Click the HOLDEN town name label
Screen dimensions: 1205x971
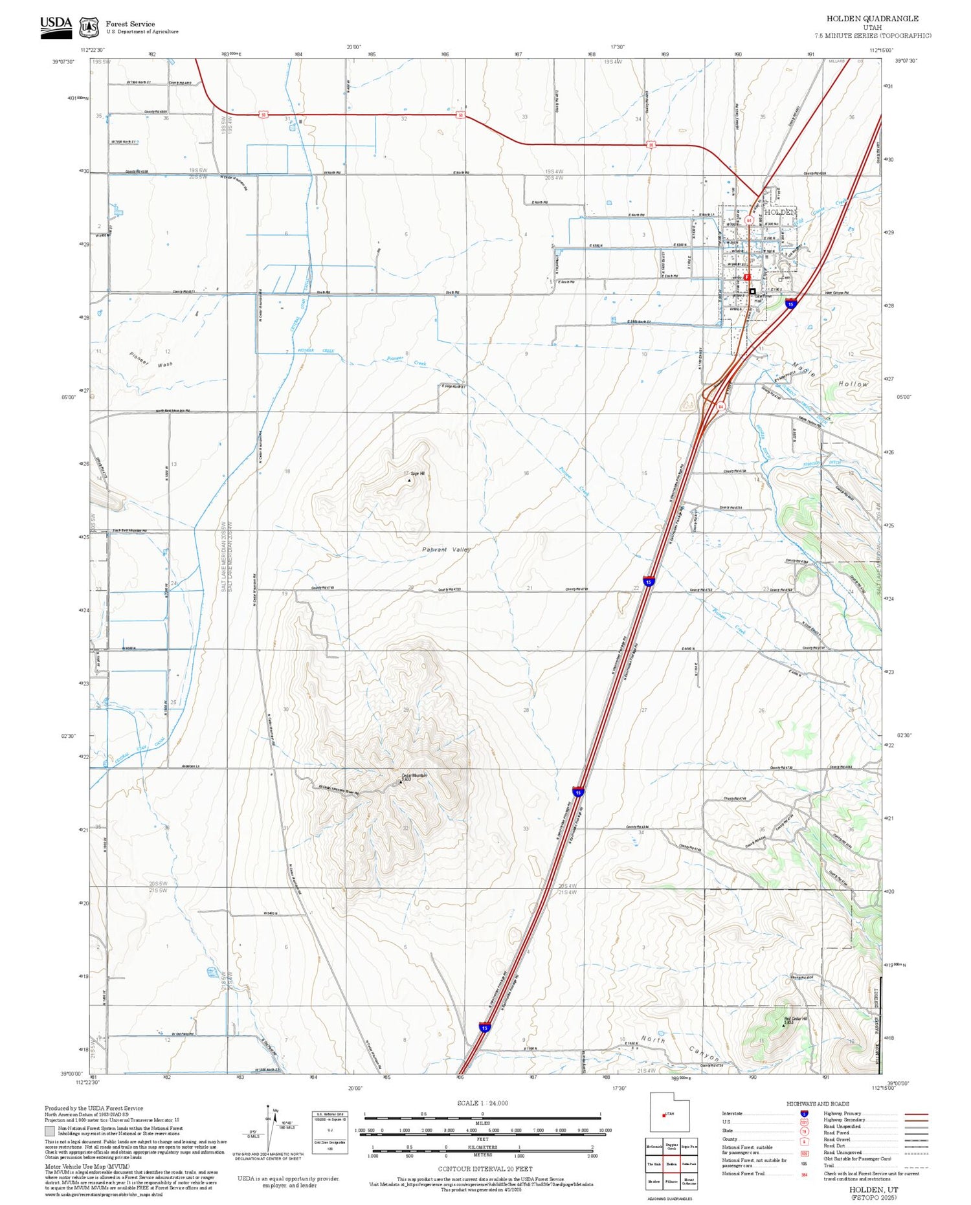780,212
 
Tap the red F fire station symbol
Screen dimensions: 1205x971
747,277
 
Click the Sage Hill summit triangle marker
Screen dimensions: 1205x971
409,480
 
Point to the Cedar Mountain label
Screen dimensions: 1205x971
414,775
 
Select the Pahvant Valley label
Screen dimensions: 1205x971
446,549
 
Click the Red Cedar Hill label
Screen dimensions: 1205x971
796,1019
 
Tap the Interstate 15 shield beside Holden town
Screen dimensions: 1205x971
791,303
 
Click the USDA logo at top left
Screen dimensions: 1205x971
56,27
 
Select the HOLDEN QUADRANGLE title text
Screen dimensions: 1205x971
872,19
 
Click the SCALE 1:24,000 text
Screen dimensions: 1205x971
482,1103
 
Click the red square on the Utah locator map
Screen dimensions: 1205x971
664,1115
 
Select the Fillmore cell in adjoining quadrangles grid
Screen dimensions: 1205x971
671,1181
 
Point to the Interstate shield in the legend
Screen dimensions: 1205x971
804,1114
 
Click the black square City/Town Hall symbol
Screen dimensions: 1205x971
752,291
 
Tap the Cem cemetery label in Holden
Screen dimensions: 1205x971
787,278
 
